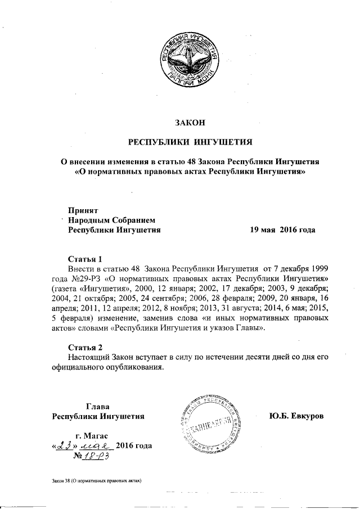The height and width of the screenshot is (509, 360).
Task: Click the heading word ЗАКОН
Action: [189, 123]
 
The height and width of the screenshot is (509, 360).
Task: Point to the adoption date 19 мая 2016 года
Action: [282, 229]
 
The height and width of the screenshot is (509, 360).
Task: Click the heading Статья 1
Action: [84, 259]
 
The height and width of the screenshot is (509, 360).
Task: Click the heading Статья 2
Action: [84, 346]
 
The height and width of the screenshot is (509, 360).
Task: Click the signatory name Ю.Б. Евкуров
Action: [298, 417]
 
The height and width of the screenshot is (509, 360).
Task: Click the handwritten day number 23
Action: [62, 446]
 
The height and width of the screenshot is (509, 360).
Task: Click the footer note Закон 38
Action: [63, 481]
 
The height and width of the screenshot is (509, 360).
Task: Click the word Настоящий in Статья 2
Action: [87, 357]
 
